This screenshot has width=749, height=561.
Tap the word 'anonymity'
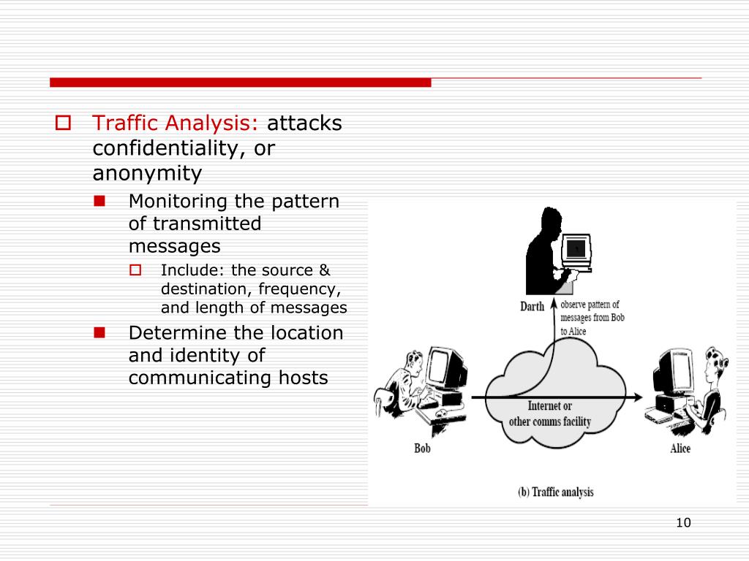click(147, 173)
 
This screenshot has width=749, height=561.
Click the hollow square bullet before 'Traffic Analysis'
click(63, 123)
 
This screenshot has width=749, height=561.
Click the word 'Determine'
click(178, 333)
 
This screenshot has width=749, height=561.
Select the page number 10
click(684, 522)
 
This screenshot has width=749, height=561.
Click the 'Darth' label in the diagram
click(532, 306)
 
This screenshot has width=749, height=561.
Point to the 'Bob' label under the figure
click(422, 448)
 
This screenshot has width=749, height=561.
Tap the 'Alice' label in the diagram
click(680, 448)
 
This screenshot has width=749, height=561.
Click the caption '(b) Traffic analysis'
click(555, 492)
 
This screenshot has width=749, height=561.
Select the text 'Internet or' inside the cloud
click(550, 406)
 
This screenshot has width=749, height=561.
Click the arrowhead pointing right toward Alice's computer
click(639, 397)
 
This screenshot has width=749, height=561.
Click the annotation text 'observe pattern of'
click(590, 305)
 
